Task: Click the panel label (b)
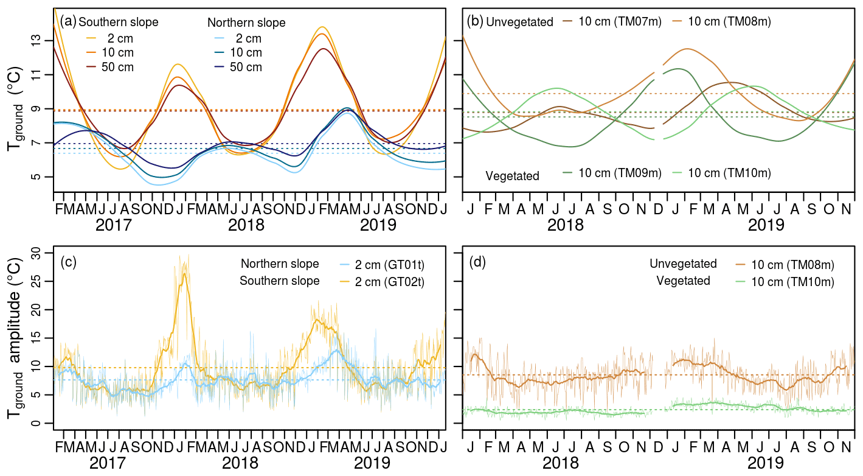coord(474,22)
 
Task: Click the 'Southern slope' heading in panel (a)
coord(119,23)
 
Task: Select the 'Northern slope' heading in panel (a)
coord(246,23)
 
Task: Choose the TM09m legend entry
coord(620,173)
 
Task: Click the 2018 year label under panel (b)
coord(566,225)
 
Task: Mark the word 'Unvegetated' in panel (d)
coord(683,264)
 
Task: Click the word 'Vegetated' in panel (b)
coord(512,176)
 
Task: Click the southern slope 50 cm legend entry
coord(119,67)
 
